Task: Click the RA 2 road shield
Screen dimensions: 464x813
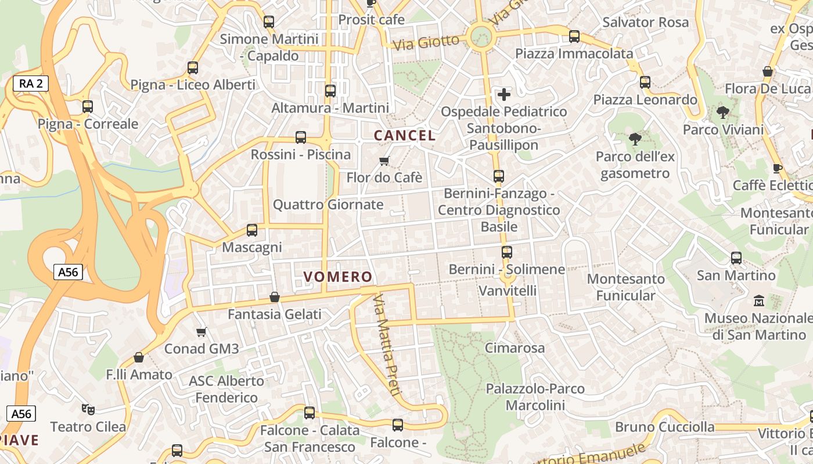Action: tap(31, 84)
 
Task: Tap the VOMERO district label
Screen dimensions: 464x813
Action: tap(337, 277)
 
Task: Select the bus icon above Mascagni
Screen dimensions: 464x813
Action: tap(252, 230)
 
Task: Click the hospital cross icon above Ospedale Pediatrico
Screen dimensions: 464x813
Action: tap(504, 94)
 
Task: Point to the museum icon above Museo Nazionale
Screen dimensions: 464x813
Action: tap(758, 301)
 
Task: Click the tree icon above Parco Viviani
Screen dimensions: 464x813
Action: tap(723, 113)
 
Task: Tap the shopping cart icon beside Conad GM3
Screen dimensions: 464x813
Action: tap(202, 332)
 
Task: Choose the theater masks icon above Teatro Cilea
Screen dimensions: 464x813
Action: tap(88, 409)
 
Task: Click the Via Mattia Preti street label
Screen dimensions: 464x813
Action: tap(387, 345)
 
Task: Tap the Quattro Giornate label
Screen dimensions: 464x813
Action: tap(328, 205)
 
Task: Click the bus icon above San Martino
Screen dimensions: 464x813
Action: tap(736, 258)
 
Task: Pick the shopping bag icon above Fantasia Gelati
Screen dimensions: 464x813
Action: tap(275, 298)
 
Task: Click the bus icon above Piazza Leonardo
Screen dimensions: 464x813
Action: tap(645, 82)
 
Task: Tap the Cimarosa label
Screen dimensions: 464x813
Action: tap(515, 348)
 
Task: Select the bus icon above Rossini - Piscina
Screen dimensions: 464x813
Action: tap(301, 137)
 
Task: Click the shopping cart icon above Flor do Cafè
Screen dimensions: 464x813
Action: tap(384, 161)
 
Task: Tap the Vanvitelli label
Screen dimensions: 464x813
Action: tap(508, 290)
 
